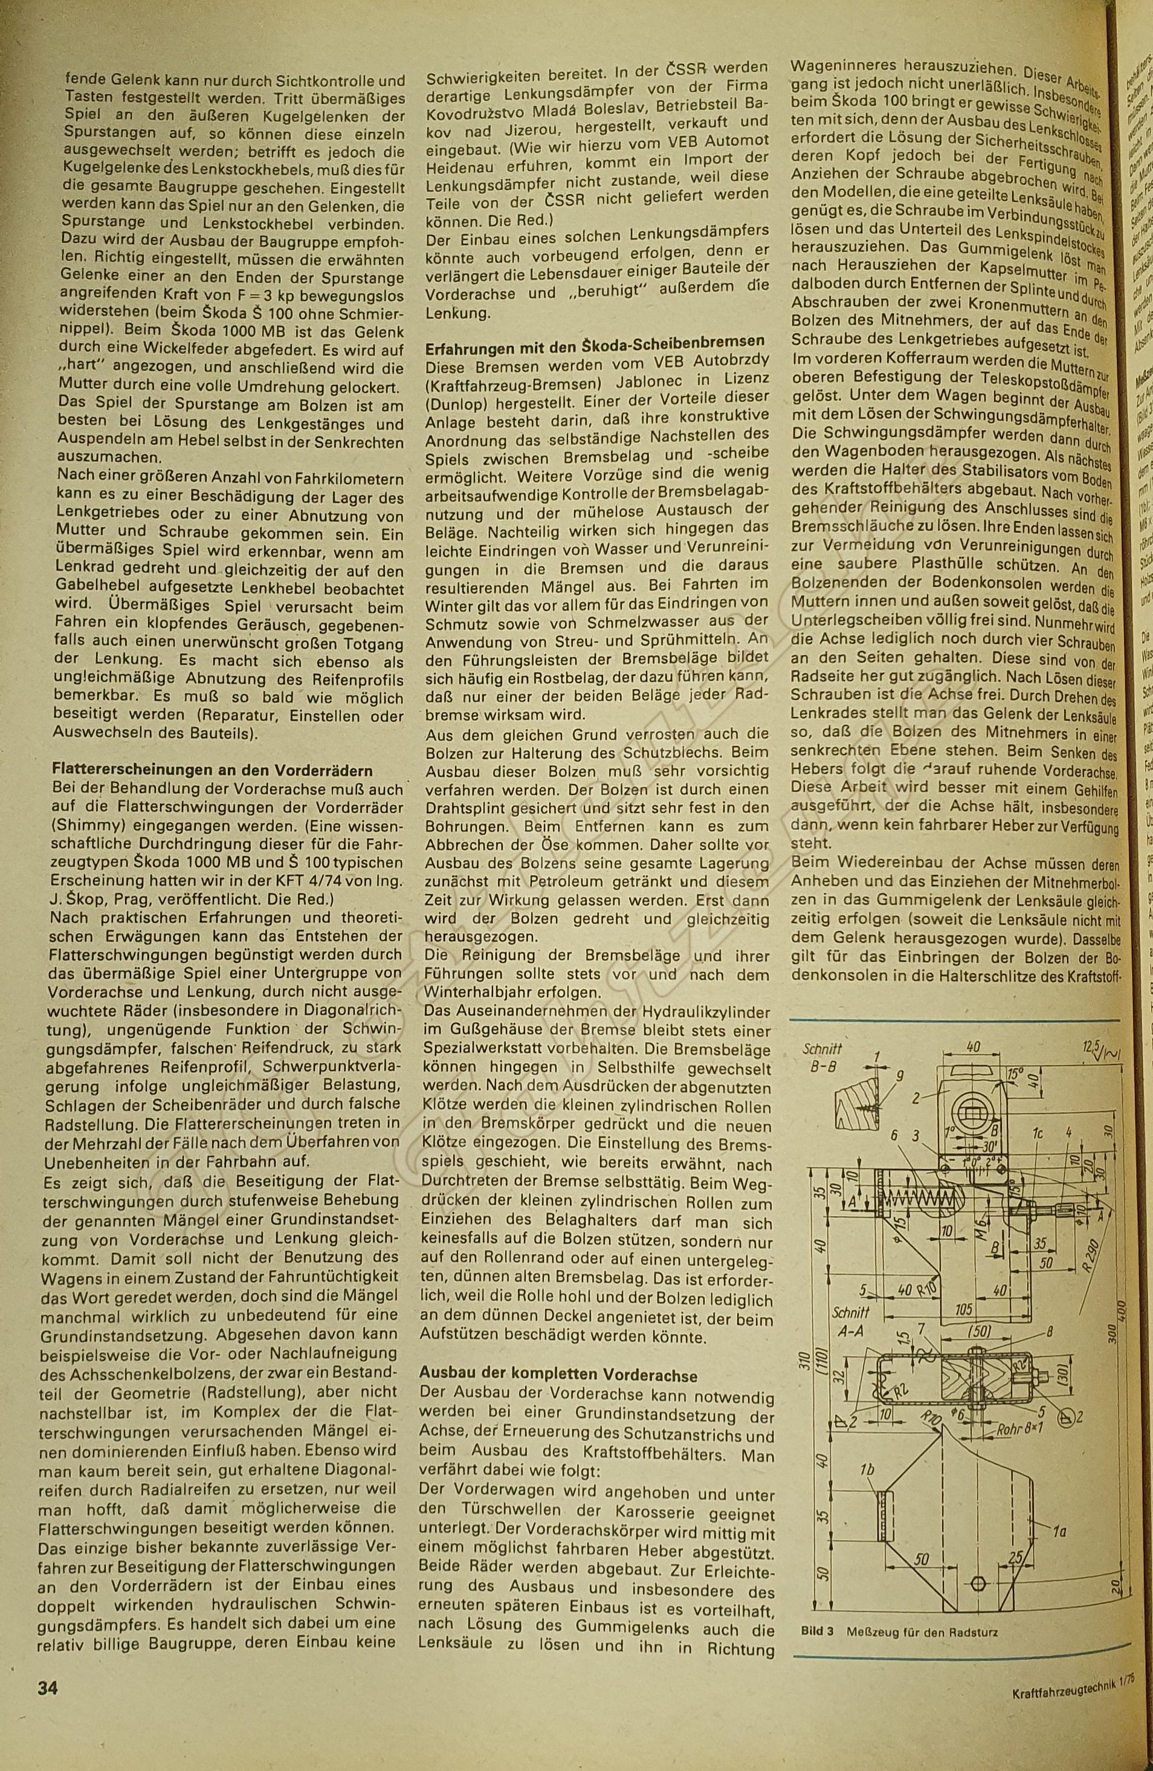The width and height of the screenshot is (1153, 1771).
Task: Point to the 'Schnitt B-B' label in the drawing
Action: tap(822, 1057)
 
